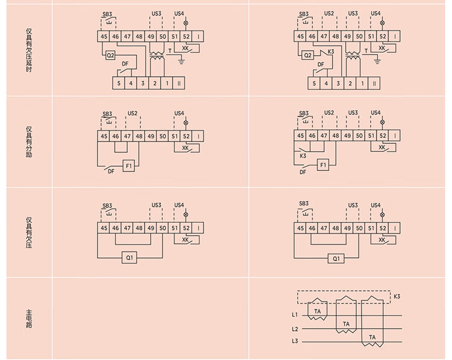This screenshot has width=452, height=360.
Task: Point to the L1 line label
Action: pyautogui.click(x=295, y=315)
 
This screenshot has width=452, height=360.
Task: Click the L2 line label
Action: pyautogui.click(x=295, y=329)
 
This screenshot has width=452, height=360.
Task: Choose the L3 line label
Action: pyautogui.click(x=295, y=342)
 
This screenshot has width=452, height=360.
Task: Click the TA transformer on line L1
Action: pyautogui.click(x=318, y=311)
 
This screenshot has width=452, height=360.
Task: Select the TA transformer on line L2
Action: pyautogui.click(x=346, y=324)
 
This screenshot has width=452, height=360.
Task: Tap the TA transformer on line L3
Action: pyautogui.click(x=372, y=337)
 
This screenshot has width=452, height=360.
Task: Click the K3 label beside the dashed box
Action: pyautogui.click(x=397, y=297)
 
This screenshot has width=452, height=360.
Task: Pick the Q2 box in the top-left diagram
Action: pyautogui.click(x=110, y=55)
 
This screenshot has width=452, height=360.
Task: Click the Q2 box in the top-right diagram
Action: pyautogui.click(x=307, y=55)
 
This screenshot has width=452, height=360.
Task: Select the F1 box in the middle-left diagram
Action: pyautogui.click(x=128, y=164)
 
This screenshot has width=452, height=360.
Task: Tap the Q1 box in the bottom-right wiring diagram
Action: pyautogui.click(x=336, y=259)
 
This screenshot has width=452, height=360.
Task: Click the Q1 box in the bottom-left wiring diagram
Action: pyautogui.click(x=130, y=259)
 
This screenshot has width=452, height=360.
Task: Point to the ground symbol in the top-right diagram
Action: pyautogui.click(x=377, y=60)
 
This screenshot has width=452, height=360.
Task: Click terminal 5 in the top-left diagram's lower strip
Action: pyautogui.click(x=119, y=83)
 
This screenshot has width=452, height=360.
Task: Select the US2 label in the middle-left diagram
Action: pyautogui.click(x=133, y=113)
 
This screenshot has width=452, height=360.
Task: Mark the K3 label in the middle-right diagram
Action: pyautogui.click(x=304, y=156)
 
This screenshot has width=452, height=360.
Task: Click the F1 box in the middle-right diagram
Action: pyautogui.click(x=323, y=164)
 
